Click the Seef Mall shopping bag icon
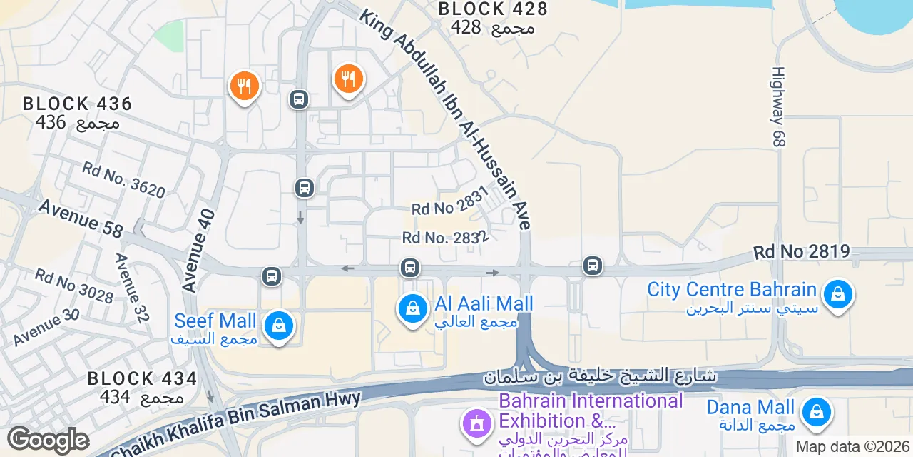(x=279, y=326)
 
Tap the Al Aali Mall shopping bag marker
(x=412, y=308)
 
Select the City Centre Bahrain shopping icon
(x=837, y=294)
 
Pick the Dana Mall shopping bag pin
(x=815, y=412)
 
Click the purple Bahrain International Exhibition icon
(x=476, y=421)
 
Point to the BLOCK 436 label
(x=77, y=104)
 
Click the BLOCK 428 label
(x=493, y=9)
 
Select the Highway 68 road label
(x=778, y=107)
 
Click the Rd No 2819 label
(x=802, y=251)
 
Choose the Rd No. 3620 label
(x=123, y=179)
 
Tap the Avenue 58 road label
(x=81, y=218)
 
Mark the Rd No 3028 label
(x=73, y=286)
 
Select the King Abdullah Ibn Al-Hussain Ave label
(x=445, y=118)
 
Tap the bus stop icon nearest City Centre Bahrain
(x=592, y=266)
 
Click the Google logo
(x=47, y=440)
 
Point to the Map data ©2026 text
(x=853, y=447)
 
